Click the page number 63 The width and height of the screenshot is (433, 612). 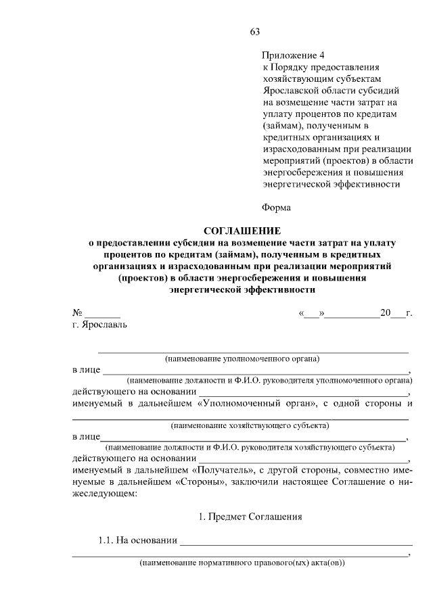pos(254,32)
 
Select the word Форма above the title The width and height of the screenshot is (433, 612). pos(276,207)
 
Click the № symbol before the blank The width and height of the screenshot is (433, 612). pos(77,313)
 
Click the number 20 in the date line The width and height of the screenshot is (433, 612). pos(386,313)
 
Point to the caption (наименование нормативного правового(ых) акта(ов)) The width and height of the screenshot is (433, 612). pos(242,562)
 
